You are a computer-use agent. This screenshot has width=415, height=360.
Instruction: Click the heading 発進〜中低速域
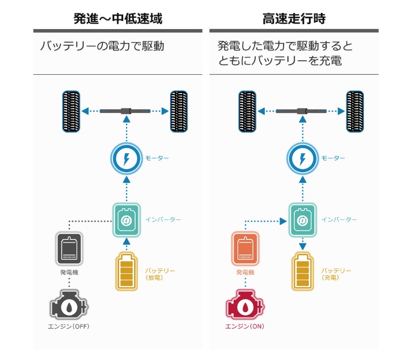click(117, 19)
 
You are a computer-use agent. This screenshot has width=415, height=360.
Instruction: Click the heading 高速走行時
click(294, 19)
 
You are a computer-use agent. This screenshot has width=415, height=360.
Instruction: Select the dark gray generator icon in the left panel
click(69, 249)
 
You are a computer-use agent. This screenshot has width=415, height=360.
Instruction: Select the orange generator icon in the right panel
click(245, 249)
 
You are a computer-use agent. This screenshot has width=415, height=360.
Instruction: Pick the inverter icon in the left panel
click(126, 220)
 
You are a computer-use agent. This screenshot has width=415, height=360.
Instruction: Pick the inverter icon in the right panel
click(303, 220)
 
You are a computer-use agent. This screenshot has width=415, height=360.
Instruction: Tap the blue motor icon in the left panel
click(126, 159)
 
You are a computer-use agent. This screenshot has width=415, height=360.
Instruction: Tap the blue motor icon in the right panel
click(303, 159)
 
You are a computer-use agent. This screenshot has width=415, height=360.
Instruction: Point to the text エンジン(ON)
click(245, 327)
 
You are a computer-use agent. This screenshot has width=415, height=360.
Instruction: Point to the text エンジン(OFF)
click(68, 327)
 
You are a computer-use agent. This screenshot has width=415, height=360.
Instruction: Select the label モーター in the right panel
click(333, 158)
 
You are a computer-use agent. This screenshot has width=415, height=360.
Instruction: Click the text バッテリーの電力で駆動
click(102, 46)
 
